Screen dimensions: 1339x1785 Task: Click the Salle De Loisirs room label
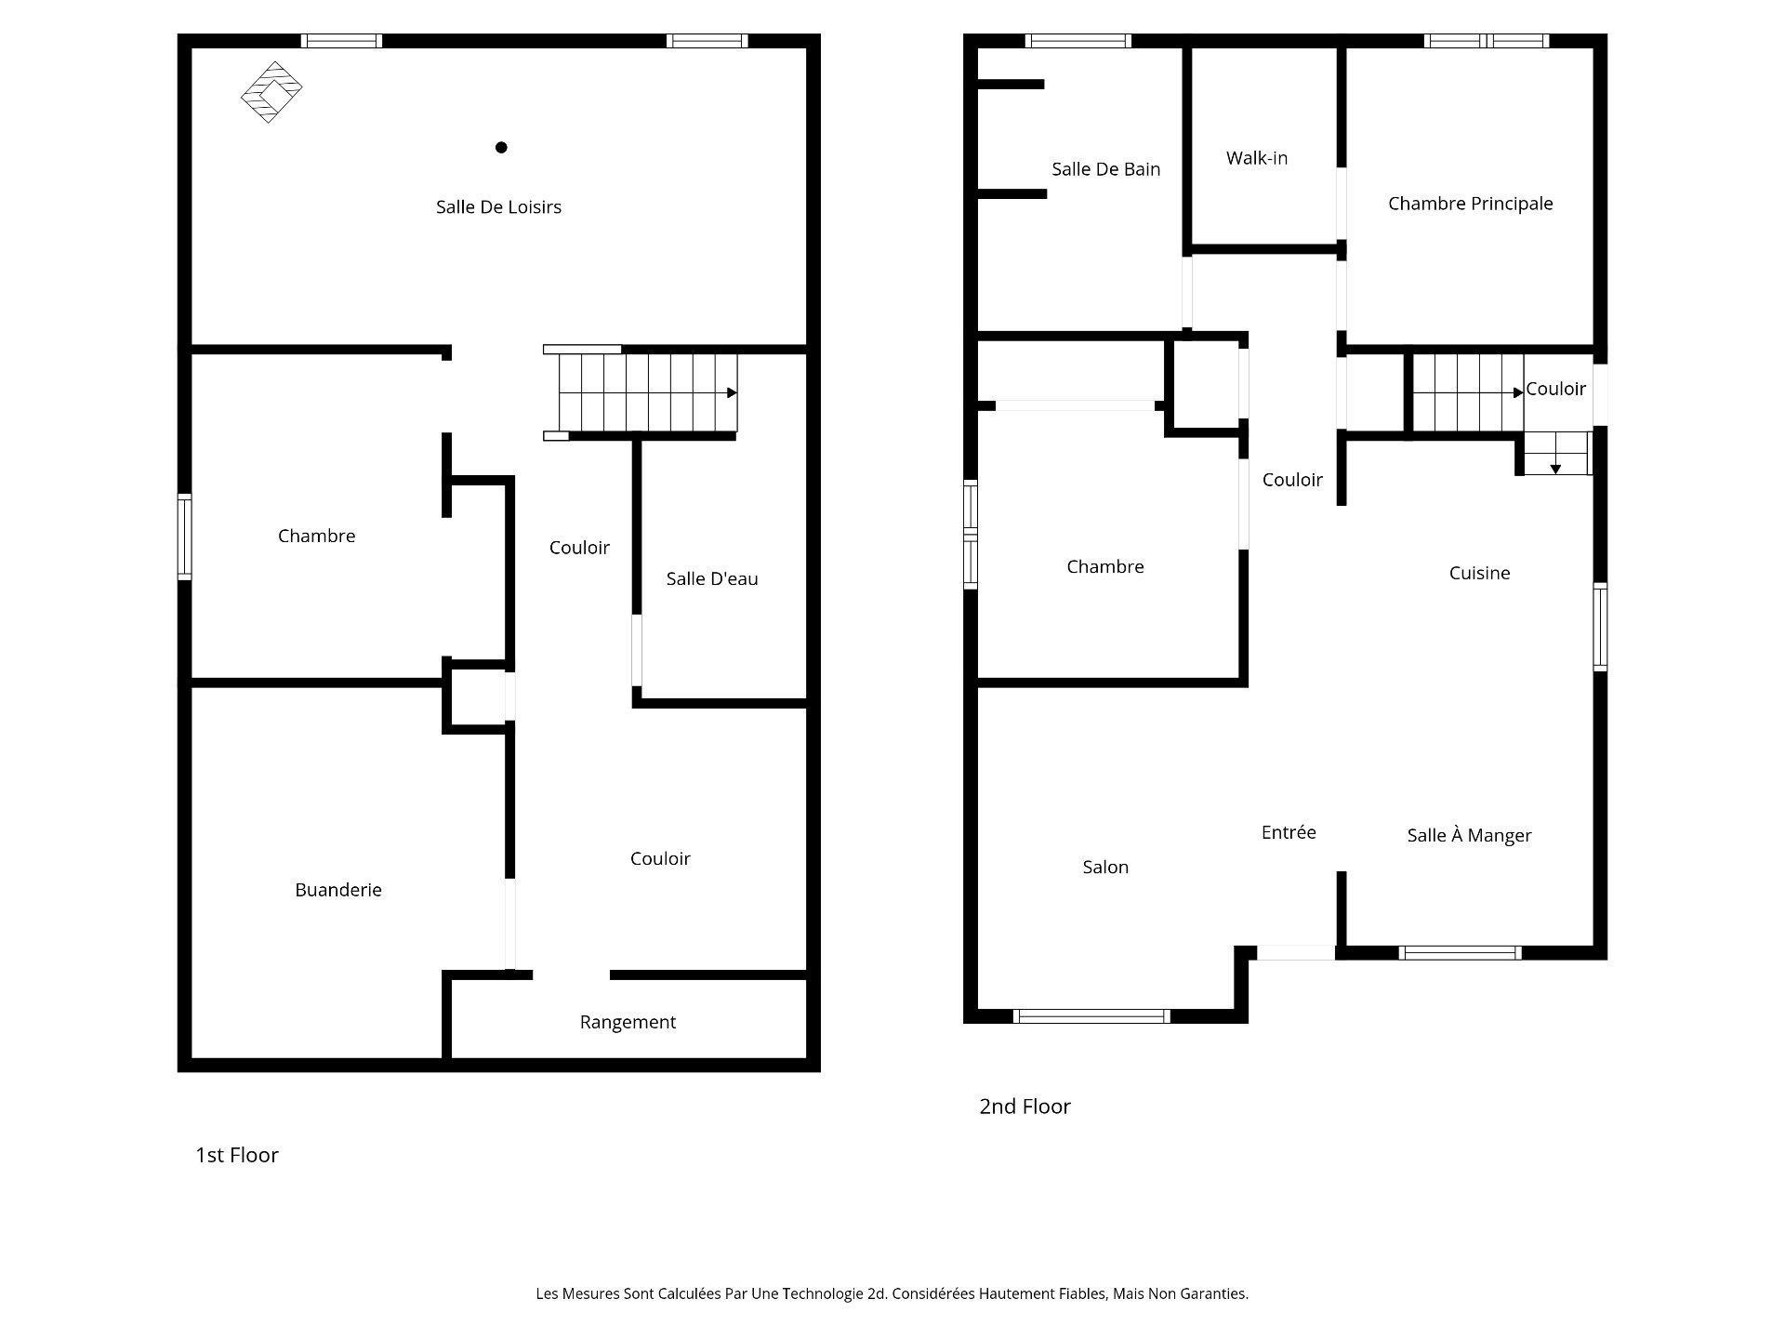click(498, 207)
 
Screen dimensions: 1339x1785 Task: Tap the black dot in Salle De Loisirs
click(501, 147)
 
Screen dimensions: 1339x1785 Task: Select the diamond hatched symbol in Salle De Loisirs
click(271, 92)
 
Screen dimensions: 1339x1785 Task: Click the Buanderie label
click(338, 890)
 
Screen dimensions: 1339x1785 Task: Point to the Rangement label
click(628, 1022)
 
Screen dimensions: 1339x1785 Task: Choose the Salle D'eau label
click(712, 578)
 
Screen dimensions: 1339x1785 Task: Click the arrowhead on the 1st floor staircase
click(732, 393)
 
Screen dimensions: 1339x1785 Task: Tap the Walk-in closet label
click(1257, 158)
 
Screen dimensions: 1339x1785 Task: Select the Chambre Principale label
click(1470, 204)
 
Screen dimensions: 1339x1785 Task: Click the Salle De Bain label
click(1105, 169)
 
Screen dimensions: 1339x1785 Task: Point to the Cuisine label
click(1479, 573)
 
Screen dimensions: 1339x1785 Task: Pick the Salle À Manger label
click(1469, 835)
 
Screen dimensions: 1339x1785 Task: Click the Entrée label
click(1289, 832)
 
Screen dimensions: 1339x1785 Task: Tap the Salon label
click(1105, 867)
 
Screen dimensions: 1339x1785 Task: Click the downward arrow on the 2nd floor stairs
click(1555, 469)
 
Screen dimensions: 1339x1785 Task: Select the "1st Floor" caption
click(237, 1155)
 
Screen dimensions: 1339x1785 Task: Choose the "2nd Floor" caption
click(1025, 1107)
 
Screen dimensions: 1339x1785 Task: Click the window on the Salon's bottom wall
click(1091, 1016)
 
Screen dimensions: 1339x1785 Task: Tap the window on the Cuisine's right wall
click(1600, 627)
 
